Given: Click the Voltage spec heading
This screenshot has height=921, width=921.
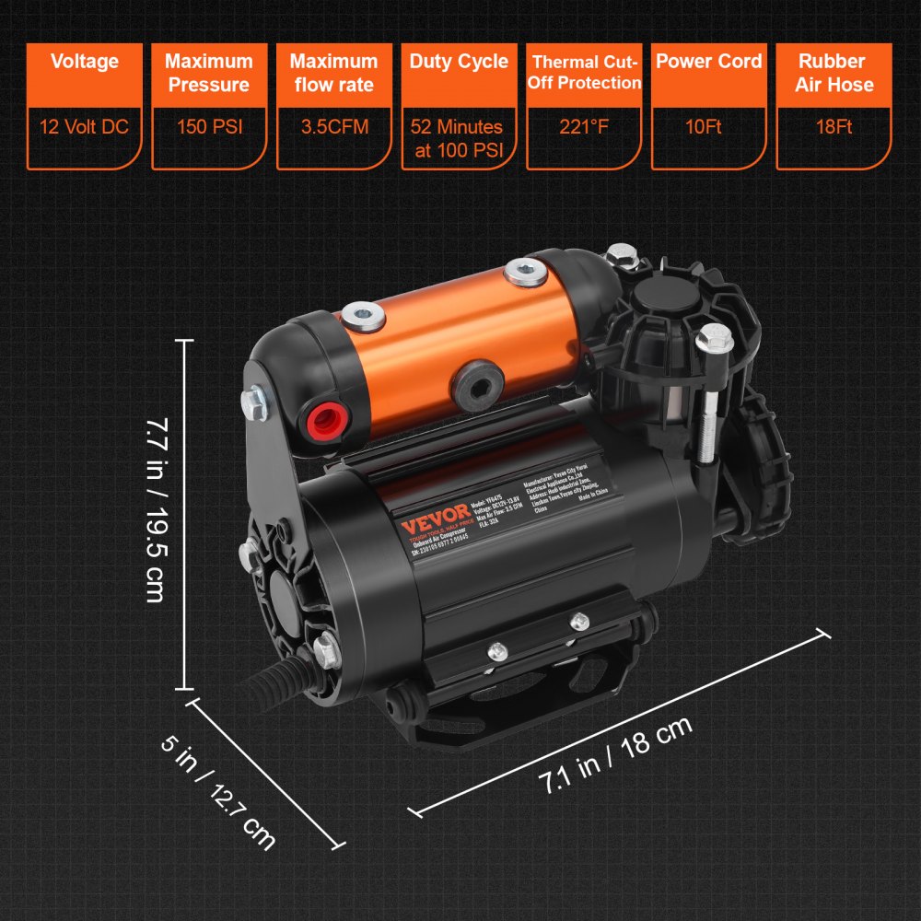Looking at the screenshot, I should pyautogui.click(x=85, y=62).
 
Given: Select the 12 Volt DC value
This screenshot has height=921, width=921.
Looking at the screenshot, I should pyautogui.click(x=85, y=126).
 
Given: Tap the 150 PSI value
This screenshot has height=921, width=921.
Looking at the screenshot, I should pyautogui.click(x=209, y=126).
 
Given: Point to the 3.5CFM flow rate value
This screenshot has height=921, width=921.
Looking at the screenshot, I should pyautogui.click(x=333, y=126).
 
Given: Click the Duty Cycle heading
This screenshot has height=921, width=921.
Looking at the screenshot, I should pyautogui.click(x=459, y=62).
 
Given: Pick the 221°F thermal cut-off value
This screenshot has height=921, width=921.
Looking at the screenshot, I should pyautogui.click(x=584, y=126).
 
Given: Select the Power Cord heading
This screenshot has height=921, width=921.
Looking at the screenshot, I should pyautogui.click(x=708, y=62).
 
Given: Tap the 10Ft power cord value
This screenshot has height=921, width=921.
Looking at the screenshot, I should pyautogui.click(x=708, y=126).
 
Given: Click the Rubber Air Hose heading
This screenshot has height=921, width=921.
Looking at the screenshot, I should pyautogui.click(x=833, y=73).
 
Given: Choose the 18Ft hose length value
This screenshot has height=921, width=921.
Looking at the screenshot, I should pyautogui.click(x=833, y=126).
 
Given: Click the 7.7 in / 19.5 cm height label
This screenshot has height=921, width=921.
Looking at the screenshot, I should pyautogui.click(x=154, y=511).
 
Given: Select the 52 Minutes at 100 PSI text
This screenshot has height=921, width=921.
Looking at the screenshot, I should pyautogui.click(x=459, y=138).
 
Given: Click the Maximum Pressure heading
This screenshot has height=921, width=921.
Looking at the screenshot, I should pyautogui.click(x=209, y=73).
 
